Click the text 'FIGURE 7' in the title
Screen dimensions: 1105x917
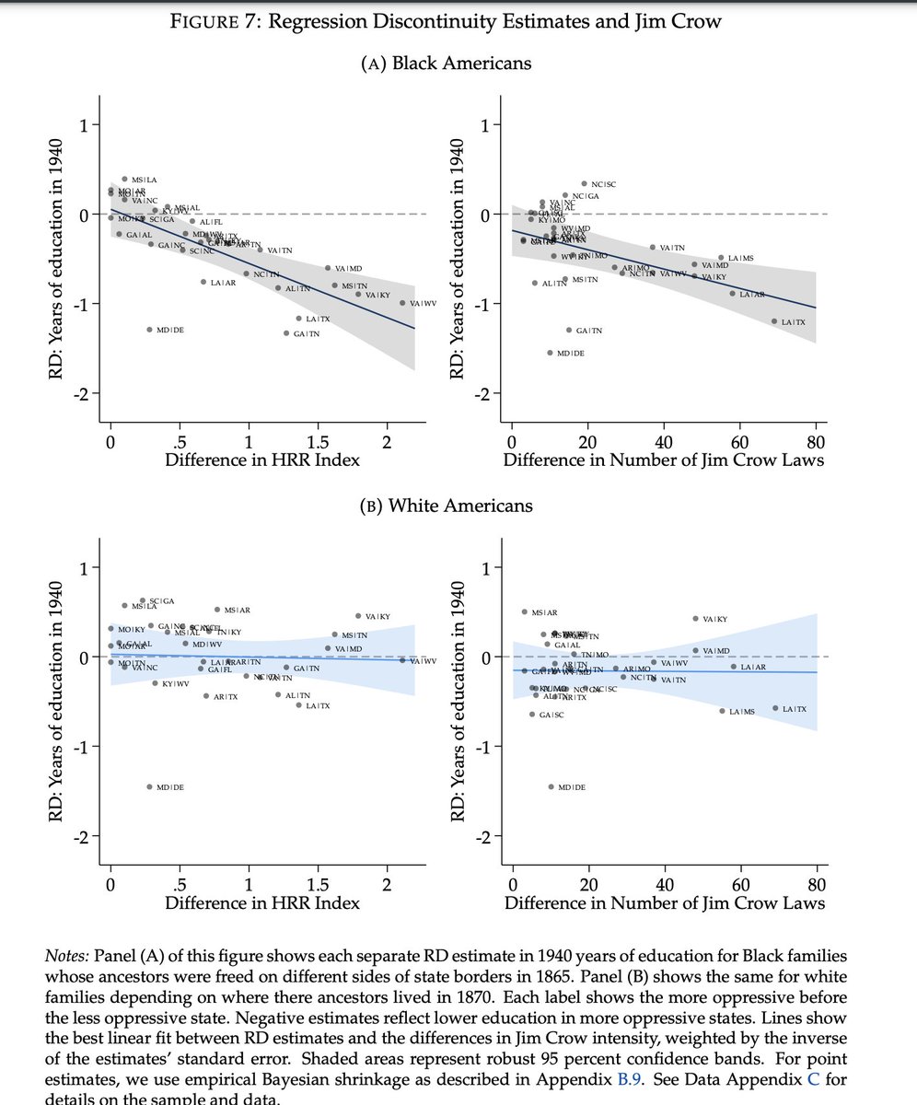click(x=214, y=23)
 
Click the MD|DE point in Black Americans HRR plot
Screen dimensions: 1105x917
click(x=149, y=330)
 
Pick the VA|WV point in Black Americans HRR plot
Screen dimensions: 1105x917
click(x=402, y=303)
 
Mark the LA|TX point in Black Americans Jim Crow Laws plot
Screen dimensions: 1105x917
click(x=774, y=321)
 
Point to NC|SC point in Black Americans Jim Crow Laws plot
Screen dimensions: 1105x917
click(x=584, y=184)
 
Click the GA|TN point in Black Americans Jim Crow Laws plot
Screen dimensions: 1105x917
click(x=569, y=330)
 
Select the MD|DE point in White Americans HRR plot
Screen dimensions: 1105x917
click(x=149, y=786)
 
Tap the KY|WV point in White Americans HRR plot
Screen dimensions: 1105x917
click(x=155, y=683)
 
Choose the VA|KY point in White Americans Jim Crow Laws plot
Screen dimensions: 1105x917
click(x=695, y=619)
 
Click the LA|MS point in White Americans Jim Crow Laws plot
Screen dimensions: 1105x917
click(x=722, y=711)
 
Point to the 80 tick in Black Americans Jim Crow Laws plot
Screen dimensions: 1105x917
click(x=816, y=438)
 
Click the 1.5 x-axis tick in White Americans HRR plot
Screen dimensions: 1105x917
click(x=318, y=885)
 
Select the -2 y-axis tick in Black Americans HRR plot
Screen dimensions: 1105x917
click(x=85, y=394)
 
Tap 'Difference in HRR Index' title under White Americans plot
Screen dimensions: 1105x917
click(x=262, y=903)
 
